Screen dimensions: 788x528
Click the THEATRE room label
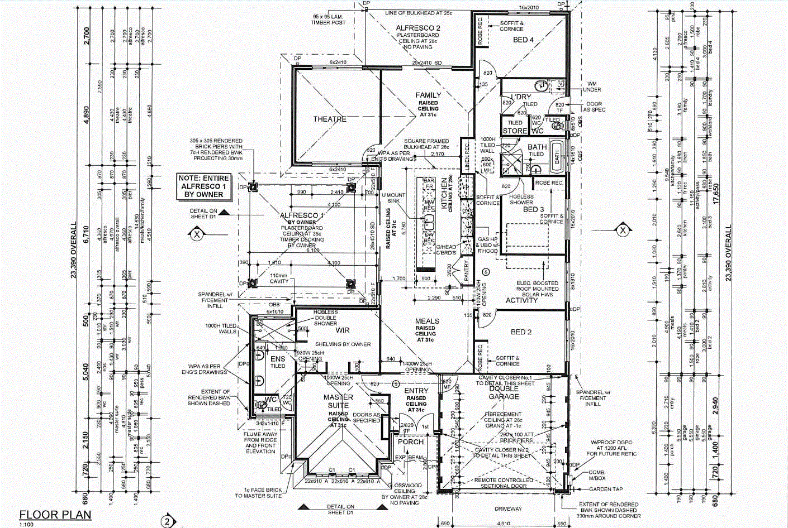point(330,119)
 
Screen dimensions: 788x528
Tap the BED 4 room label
point(524,40)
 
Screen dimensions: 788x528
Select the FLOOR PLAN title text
point(55,515)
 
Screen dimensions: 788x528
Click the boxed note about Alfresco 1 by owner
point(203,186)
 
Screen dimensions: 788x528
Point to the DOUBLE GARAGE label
point(504,392)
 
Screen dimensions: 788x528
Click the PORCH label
point(411,442)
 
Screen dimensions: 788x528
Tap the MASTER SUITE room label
point(338,401)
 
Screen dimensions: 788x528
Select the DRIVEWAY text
point(508,508)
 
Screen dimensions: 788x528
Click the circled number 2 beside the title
point(167,522)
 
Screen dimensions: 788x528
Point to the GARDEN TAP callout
point(606,489)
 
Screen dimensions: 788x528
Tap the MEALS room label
point(428,321)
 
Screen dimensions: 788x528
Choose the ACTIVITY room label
point(521,300)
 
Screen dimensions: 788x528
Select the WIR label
point(342,330)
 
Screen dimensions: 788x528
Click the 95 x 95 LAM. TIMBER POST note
point(329,20)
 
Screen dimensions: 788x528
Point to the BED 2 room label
point(521,332)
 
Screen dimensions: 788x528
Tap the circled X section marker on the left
point(197,234)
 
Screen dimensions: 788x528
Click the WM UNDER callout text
point(592,87)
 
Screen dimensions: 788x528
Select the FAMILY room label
point(428,95)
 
